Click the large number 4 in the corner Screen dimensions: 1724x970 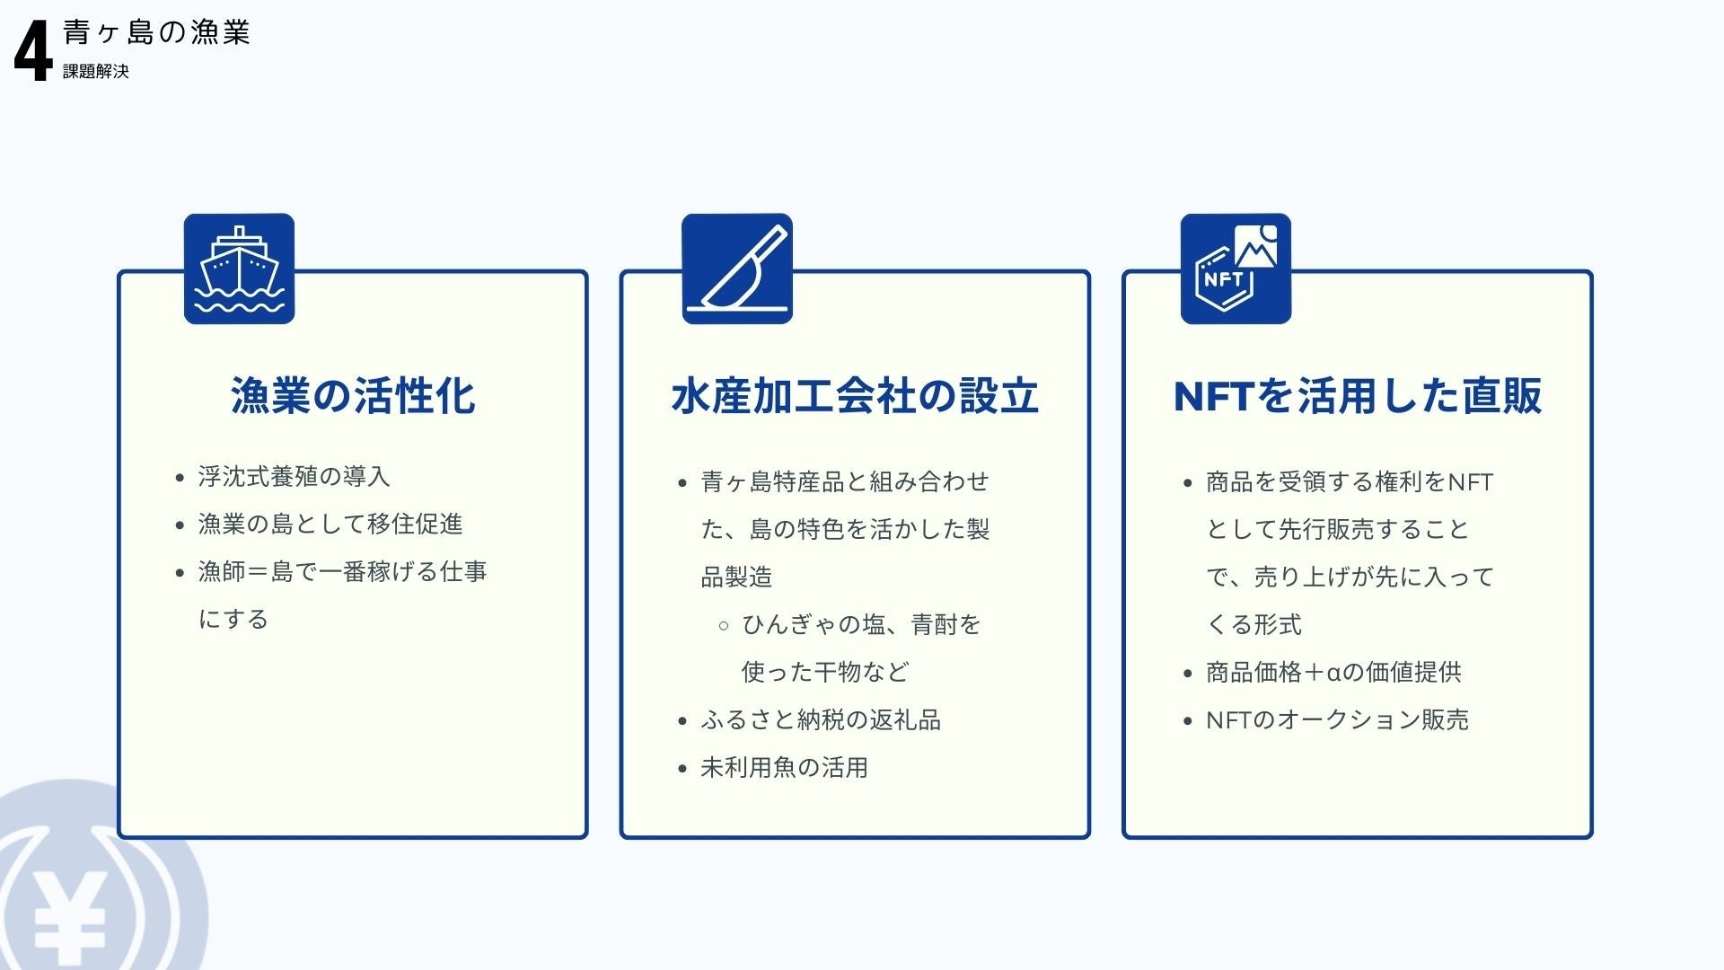click(33, 51)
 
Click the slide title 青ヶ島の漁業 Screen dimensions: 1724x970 click(156, 32)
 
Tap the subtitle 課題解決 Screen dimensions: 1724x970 click(96, 72)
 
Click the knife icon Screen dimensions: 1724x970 click(737, 269)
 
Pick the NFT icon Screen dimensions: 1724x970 click(1236, 269)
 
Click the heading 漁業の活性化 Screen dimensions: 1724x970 click(353, 395)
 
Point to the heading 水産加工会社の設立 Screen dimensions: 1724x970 click(855, 395)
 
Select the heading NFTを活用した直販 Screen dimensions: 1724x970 click(1358, 395)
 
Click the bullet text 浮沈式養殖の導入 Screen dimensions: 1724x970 click(294, 476)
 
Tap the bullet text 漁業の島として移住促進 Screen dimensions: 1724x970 click(330, 524)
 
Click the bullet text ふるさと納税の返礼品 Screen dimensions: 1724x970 click(821, 719)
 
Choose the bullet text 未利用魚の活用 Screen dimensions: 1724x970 click(784, 767)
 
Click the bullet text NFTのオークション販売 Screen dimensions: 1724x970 click(1337, 719)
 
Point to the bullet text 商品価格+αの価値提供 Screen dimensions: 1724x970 click(1333, 672)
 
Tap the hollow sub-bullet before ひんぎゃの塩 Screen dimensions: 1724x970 click(724, 625)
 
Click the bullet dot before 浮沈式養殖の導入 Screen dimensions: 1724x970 click(180, 478)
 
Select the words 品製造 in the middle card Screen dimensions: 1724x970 click(736, 577)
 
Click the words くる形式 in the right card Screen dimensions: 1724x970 click(1253, 624)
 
